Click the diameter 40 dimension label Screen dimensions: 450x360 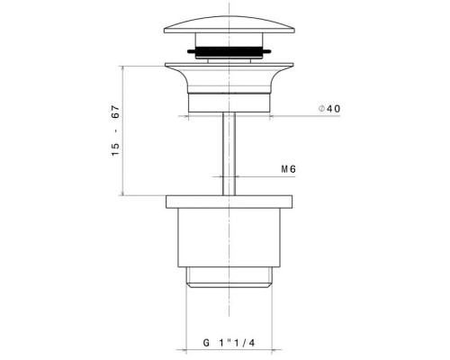click(x=329, y=109)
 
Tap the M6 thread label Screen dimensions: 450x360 click(x=288, y=169)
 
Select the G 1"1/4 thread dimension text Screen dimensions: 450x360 click(x=229, y=343)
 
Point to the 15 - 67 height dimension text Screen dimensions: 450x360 click(x=115, y=130)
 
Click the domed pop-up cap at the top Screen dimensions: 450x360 click(x=229, y=24)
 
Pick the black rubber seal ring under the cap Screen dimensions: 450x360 click(x=229, y=50)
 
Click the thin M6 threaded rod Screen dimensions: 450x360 click(x=229, y=154)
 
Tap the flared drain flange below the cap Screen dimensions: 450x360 click(x=229, y=77)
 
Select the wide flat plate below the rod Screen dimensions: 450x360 click(x=229, y=202)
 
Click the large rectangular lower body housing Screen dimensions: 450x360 click(x=229, y=238)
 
